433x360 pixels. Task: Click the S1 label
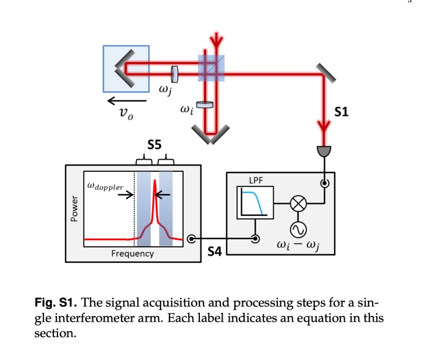pyautogui.click(x=342, y=112)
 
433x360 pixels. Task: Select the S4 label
pyautogui.click(x=215, y=251)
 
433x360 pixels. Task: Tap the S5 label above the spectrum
pyautogui.click(x=154, y=145)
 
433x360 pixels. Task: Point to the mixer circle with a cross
pyautogui.click(x=298, y=204)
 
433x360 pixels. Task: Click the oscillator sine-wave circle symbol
pyautogui.click(x=298, y=231)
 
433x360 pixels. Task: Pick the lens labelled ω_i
pyautogui.click(x=205, y=105)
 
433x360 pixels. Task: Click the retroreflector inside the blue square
pyautogui.click(x=123, y=68)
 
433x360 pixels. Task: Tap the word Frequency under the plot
pyautogui.click(x=133, y=254)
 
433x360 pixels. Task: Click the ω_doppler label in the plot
pyautogui.click(x=105, y=186)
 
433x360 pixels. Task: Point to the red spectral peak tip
pyautogui.click(x=155, y=182)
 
